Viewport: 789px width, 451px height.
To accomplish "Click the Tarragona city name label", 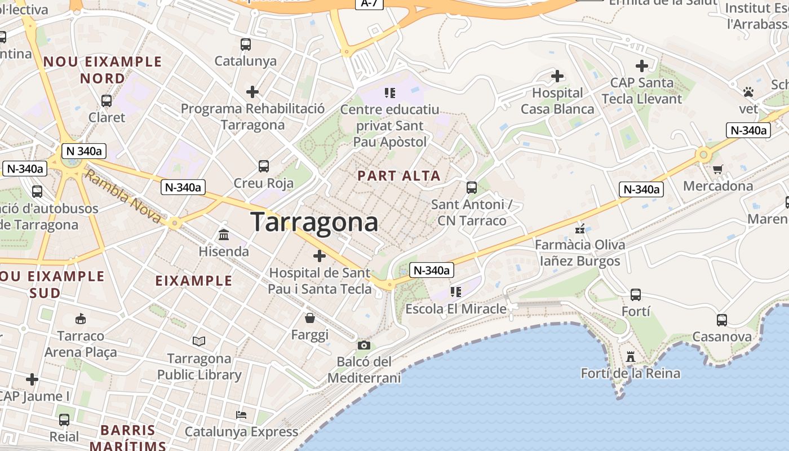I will tap(314, 222).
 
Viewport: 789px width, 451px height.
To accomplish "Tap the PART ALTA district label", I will tap(399, 176).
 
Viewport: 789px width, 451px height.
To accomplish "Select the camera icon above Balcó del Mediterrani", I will tap(364, 345).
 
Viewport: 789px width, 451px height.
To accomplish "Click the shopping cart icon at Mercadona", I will tap(718, 169).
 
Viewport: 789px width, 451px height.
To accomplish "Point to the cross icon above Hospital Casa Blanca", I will tap(557, 76).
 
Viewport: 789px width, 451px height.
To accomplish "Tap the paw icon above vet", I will tap(748, 91).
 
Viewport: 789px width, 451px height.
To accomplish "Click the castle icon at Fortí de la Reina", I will tap(631, 357).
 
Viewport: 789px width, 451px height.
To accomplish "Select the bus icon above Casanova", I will tap(722, 320).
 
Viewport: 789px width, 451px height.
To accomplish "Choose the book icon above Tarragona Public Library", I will tap(199, 341).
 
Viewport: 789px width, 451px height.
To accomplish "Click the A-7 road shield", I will tap(369, 3).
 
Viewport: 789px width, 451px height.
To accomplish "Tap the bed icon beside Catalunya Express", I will tap(241, 415).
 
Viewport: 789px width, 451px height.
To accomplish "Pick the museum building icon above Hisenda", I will tap(224, 235).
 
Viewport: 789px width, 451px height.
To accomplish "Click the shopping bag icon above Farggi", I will tap(309, 318).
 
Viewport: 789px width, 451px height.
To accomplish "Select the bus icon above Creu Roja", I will tap(264, 166).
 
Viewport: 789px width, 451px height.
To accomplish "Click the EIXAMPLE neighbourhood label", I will tap(193, 281).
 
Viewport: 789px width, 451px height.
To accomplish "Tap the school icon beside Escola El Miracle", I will tap(456, 291).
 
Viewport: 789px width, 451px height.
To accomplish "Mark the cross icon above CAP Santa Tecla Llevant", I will tap(641, 66).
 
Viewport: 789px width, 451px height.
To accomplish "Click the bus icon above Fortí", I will tap(636, 295).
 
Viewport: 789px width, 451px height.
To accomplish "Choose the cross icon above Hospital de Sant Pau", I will tap(320, 256).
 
